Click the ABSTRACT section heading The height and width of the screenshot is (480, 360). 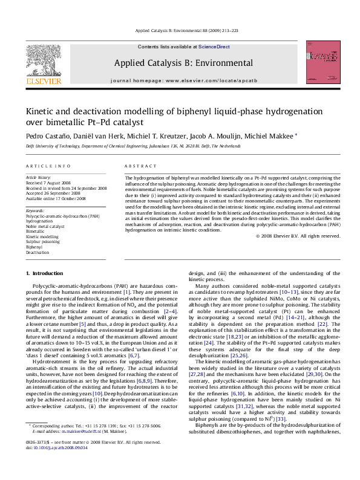138,166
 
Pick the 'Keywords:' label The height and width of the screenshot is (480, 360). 36,210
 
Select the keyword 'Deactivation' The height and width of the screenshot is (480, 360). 38,252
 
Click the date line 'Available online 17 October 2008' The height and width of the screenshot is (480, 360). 56,198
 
